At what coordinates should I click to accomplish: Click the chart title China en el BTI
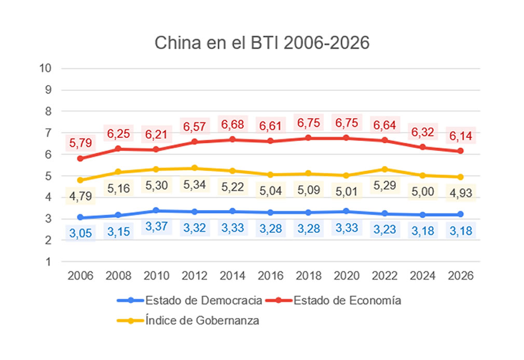(x=262, y=43)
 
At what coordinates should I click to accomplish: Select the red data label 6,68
(x=232, y=124)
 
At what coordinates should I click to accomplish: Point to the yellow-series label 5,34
(x=195, y=184)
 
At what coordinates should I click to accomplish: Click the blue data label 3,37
(x=156, y=227)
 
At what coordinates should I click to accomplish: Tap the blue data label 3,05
(x=80, y=233)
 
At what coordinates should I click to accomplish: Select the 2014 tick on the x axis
(x=232, y=276)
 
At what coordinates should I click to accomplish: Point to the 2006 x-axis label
(x=80, y=276)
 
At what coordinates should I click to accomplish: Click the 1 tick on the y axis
(x=48, y=262)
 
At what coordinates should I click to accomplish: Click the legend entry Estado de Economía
(x=347, y=300)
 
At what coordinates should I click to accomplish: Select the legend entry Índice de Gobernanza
(x=202, y=321)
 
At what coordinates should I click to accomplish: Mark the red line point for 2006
(x=80, y=158)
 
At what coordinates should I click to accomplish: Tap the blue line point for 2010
(x=156, y=210)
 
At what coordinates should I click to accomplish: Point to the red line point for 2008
(x=118, y=148)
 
